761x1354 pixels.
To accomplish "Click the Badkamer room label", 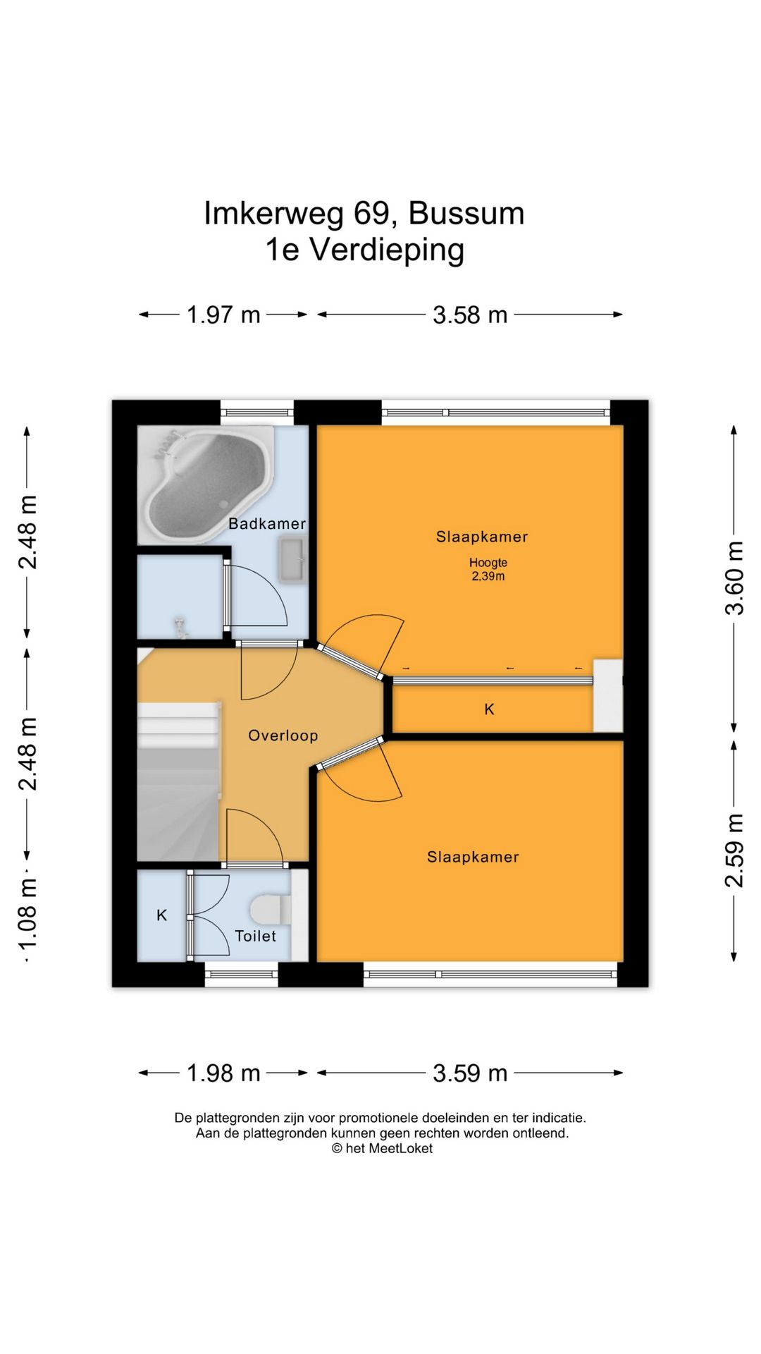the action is point(267,523).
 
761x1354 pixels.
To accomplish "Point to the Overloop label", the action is point(283,736).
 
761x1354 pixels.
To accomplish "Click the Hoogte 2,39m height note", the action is point(488,569).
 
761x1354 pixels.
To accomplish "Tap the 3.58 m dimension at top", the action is point(470,315).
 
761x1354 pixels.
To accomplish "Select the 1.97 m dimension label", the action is point(223,315).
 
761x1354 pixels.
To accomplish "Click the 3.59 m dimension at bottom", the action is point(470,1073).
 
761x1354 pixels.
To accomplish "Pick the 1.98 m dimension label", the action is point(223,1073).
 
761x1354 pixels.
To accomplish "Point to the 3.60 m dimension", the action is point(734,578).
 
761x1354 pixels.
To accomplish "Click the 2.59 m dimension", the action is point(734,850).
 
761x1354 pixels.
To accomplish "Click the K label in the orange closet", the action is point(490,709).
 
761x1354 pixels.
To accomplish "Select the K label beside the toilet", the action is point(161,915).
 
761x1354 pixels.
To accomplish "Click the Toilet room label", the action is point(255,936).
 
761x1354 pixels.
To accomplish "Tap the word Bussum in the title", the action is point(466,213).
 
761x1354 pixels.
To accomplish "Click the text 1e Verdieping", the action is point(364,250).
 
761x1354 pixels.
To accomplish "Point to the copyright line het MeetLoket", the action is point(383,1149).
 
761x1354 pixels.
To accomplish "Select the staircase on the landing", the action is point(178,781).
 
